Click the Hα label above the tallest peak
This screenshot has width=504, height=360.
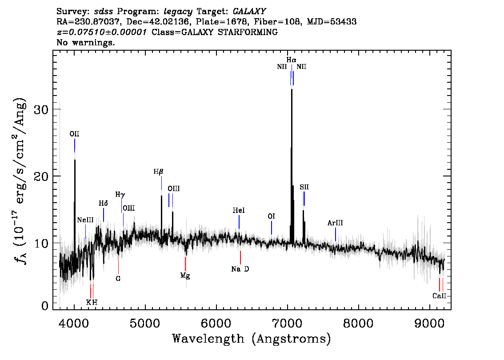tap(291, 60)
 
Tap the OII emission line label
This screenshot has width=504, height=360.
tap(74, 134)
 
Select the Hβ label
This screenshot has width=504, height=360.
tap(159, 172)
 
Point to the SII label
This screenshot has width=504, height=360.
tap(304, 187)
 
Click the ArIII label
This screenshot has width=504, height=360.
tap(335, 223)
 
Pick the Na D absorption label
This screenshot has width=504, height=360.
tap(240, 269)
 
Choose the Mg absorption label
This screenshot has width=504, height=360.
tap(185, 276)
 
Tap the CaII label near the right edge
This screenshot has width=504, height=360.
tap(439, 296)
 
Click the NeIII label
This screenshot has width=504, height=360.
tap(85, 220)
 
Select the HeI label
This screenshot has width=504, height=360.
tap(239, 210)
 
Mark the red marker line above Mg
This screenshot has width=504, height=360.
tap(185, 264)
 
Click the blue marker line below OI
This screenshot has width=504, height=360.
tap(272, 228)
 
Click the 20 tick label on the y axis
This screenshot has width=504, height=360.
tap(42, 176)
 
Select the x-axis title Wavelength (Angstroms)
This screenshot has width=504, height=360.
tap(251, 339)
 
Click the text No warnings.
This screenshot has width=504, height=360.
tap(86, 43)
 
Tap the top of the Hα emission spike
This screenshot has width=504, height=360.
tap(292, 89)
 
